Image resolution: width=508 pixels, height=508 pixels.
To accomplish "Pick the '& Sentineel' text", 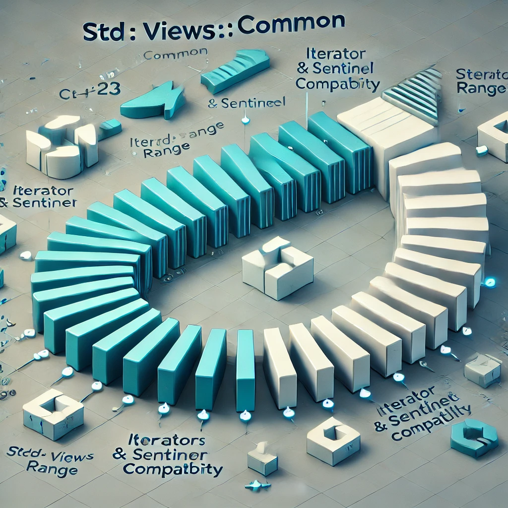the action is [x=247, y=103].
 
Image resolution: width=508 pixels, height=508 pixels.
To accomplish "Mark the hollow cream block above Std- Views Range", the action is [x=53, y=413].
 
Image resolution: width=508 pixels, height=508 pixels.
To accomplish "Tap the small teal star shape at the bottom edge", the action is [x=257, y=485].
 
